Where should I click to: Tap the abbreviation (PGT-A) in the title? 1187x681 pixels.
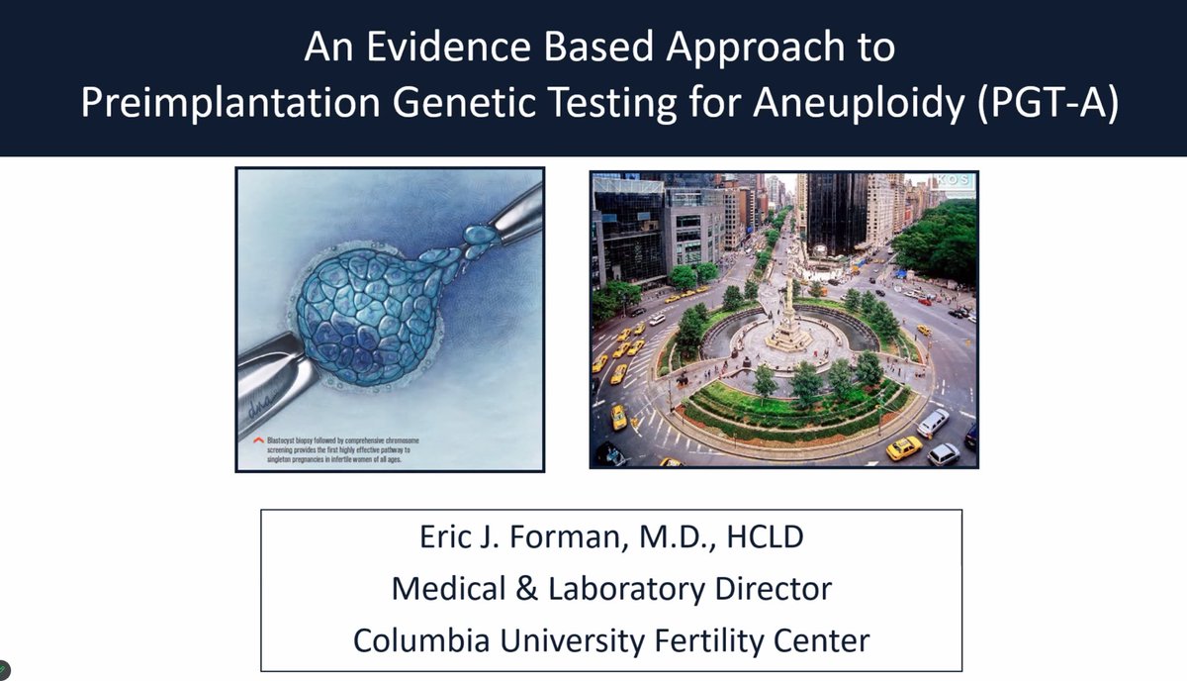1045,105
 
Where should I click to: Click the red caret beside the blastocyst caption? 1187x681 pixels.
257,438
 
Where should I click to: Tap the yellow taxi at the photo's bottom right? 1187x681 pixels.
903,448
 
